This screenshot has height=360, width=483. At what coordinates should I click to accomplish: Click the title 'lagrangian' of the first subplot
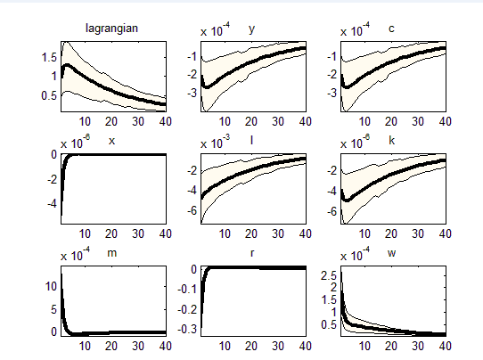[111, 29]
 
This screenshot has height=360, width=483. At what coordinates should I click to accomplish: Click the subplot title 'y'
[252, 29]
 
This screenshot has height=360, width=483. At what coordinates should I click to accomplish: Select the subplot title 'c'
[391, 29]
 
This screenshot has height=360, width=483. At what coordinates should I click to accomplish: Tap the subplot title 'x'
[111, 140]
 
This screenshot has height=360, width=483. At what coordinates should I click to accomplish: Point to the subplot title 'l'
[252, 140]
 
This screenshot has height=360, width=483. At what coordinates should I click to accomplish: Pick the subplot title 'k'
[391, 140]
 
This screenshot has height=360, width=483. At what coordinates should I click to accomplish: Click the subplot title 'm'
[111, 253]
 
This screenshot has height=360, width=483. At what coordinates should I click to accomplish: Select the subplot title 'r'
[252, 253]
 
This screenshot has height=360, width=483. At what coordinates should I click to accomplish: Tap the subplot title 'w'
[391, 253]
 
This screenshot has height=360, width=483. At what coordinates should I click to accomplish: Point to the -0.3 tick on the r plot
[187, 330]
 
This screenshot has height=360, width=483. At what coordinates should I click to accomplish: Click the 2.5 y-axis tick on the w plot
[326, 275]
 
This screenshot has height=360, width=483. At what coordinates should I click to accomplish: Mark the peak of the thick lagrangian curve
[66, 64]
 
